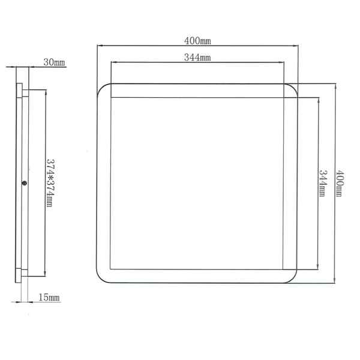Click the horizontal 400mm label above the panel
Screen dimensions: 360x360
point(197,41)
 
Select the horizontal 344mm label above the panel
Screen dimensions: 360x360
point(197,58)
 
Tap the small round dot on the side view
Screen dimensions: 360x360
point(23,184)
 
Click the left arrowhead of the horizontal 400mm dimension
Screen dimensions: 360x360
point(99,44)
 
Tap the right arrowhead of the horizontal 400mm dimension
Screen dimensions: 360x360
point(297,44)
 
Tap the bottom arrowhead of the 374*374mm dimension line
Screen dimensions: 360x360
point(45,275)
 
